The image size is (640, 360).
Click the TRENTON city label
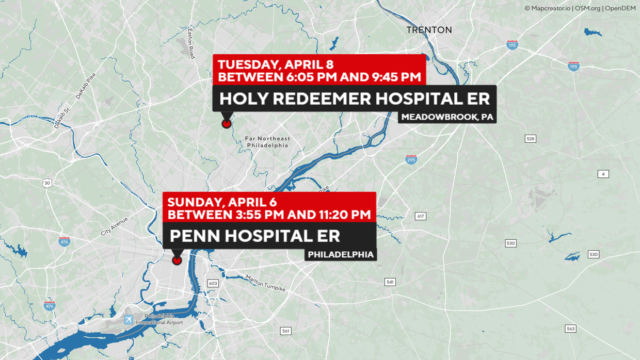click(429, 30)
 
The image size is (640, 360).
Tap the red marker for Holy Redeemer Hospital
click(227, 123)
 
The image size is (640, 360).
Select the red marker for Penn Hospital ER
click(177, 260)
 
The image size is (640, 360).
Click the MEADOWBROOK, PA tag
click(447, 117)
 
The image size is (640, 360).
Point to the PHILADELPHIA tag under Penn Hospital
click(341, 254)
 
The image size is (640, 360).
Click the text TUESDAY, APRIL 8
click(276, 64)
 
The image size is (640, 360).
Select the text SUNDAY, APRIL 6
click(222, 202)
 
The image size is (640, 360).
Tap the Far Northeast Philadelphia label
click(267, 142)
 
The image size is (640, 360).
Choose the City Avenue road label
click(114, 226)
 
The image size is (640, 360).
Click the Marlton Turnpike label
click(265, 283)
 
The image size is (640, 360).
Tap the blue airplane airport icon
click(129, 320)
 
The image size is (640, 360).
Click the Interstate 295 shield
click(411, 159)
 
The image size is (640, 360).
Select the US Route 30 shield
click(47, 183)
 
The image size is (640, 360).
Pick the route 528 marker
click(530, 139)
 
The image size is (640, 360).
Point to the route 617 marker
click(421, 216)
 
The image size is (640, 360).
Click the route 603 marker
click(213, 283)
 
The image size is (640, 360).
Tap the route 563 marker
click(570, 329)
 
